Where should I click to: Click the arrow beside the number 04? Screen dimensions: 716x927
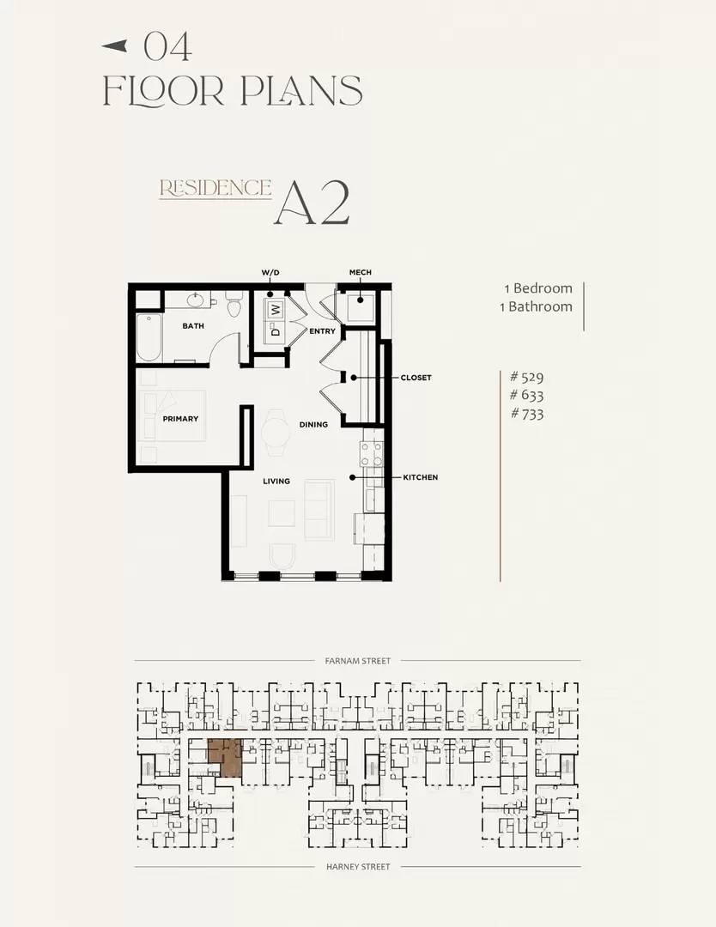click(x=115, y=45)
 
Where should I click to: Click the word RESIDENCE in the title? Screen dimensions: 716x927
click(x=215, y=188)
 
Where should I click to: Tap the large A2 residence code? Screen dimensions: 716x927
click(x=312, y=203)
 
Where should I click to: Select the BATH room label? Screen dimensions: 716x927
click(x=193, y=326)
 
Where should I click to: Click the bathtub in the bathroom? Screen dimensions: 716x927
click(x=149, y=337)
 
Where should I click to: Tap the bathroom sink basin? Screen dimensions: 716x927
click(x=197, y=300)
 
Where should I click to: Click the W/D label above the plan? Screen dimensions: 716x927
click(x=270, y=273)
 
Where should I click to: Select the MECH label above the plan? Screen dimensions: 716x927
click(x=360, y=273)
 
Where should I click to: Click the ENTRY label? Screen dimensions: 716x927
click(x=322, y=331)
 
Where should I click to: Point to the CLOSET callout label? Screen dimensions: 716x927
click(x=416, y=378)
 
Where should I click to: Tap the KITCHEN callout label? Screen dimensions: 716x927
click(x=421, y=477)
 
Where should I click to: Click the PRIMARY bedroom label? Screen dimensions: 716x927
click(x=180, y=419)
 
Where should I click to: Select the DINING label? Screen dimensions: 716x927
click(x=313, y=425)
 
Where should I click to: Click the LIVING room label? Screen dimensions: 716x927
click(x=276, y=482)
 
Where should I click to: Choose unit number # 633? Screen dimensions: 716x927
click(x=527, y=395)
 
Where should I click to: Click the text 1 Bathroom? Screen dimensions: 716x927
click(x=537, y=306)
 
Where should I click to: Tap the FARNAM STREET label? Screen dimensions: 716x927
click(x=358, y=661)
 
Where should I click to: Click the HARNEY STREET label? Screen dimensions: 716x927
click(x=358, y=867)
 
